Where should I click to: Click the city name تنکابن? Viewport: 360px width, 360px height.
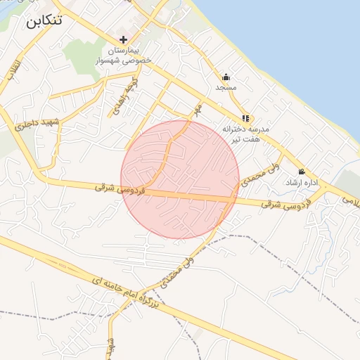(44, 20)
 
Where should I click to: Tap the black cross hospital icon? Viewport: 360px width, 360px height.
(124, 39)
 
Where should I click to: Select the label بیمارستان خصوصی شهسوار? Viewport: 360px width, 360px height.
(124, 56)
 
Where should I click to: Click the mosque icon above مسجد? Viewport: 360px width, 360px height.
(226, 77)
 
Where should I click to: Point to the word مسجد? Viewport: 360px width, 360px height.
(226, 87)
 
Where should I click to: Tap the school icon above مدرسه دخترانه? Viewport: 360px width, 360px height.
(245, 118)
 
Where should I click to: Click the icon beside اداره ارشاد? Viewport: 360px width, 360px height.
(302, 172)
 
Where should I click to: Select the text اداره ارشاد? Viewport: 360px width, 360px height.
(302, 182)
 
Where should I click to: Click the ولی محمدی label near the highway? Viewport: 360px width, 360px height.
(176, 271)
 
